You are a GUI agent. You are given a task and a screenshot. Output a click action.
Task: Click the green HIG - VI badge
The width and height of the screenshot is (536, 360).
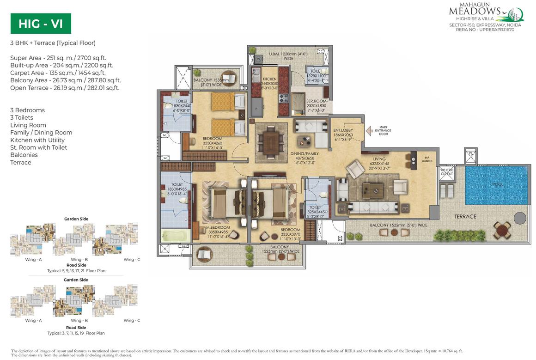click(41, 24)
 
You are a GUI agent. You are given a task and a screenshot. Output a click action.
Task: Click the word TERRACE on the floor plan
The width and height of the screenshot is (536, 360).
click(465, 216)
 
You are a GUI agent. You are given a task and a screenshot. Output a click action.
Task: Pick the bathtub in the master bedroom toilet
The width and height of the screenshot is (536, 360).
click(175, 236)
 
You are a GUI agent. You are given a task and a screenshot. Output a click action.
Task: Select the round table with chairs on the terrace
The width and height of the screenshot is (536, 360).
click(502, 230)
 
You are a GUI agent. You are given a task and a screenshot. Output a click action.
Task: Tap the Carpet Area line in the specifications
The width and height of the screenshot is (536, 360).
click(58, 73)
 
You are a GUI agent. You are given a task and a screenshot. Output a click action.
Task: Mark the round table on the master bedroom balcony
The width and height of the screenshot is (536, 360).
click(203, 255)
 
